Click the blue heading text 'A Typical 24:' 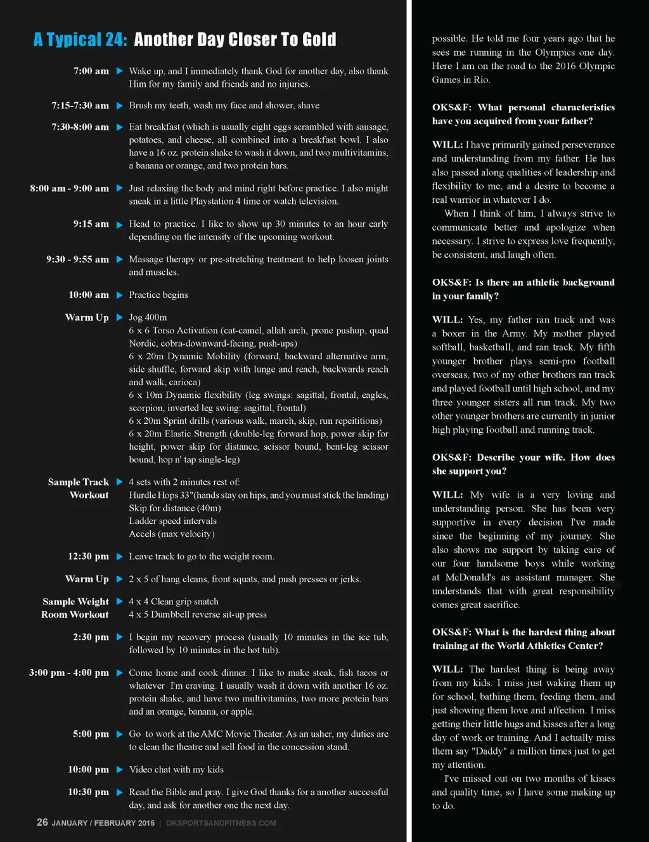coord(80,40)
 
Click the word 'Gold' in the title coord(319,40)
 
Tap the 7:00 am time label coord(91,71)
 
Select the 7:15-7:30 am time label coord(80,105)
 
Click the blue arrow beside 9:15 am coord(120,224)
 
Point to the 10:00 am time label coord(89,295)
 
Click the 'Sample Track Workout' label coord(79,488)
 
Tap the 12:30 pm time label coord(88,556)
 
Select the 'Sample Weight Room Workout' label coord(75,608)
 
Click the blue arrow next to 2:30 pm coord(120,637)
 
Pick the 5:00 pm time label coord(91,734)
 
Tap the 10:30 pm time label coord(88,792)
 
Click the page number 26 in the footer coord(42,822)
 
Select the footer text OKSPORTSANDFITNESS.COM coord(221,823)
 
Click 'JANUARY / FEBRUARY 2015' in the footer coord(103,823)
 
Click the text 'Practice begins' coord(158,295)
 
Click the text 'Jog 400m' coord(148,317)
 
